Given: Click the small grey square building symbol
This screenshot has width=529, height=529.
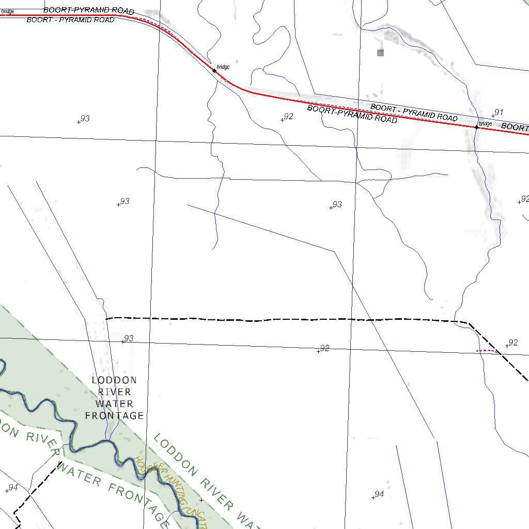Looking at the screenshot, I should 381,53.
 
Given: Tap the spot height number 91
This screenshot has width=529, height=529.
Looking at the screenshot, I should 499,112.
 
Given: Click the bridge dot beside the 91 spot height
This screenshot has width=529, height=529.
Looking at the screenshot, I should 476,127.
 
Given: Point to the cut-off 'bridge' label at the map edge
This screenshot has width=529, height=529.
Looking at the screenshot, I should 7,11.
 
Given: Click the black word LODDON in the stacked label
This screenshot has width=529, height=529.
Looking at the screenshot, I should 114,380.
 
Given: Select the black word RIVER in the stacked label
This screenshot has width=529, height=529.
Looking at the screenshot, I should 114,392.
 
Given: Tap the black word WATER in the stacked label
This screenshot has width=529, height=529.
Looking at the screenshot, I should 114,404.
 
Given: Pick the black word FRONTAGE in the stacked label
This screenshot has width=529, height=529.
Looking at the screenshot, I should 114,416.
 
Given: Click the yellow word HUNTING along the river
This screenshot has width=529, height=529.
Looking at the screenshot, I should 180,489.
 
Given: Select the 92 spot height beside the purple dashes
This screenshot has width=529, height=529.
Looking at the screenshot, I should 512,343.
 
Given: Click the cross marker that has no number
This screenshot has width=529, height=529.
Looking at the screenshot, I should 201,500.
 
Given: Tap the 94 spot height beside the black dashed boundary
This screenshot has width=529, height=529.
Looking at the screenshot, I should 13,488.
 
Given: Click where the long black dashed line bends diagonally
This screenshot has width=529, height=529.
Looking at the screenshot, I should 469,323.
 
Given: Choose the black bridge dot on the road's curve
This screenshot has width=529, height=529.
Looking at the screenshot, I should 214,71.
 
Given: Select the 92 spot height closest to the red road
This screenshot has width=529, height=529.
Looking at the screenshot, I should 288,117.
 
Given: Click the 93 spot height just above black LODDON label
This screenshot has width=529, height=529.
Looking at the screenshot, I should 128,339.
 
